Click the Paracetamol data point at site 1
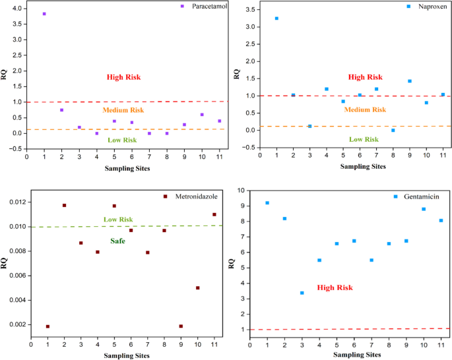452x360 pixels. (44, 14)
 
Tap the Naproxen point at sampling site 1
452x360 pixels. (276, 18)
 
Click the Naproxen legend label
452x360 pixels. (432, 7)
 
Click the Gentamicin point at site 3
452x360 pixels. (302, 293)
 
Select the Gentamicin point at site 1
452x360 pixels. (267, 203)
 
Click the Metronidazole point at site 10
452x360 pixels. (197, 287)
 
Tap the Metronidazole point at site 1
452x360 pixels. (48, 326)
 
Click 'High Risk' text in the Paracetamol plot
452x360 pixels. (124, 78)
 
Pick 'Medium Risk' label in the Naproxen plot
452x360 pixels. (366, 109)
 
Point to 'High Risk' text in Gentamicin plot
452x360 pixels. (335, 288)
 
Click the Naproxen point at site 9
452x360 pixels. (409, 81)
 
